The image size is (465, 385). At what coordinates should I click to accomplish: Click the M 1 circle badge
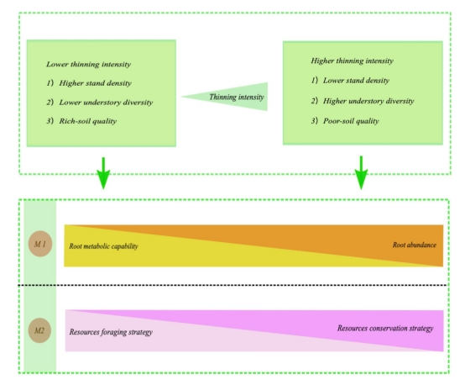click(40, 244)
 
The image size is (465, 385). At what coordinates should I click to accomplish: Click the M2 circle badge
click(39, 330)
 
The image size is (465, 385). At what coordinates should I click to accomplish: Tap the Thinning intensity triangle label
click(237, 98)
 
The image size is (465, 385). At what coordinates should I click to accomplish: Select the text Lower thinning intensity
click(88, 65)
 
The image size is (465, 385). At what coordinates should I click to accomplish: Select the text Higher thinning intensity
click(352, 61)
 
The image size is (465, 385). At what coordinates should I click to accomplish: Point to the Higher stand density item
click(95, 83)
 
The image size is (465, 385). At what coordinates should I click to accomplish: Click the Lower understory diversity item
click(106, 103)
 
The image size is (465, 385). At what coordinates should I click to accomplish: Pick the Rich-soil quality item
click(88, 121)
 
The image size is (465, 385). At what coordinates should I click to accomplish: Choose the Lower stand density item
click(356, 81)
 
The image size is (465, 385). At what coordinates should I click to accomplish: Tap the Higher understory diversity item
click(368, 101)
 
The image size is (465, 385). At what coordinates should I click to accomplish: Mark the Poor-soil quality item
click(351, 121)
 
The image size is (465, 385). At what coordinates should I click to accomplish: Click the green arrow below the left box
click(103, 173)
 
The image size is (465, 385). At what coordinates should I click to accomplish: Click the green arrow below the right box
click(361, 172)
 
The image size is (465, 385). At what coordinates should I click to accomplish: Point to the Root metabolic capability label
click(103, 246)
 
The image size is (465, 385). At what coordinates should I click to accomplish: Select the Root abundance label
click(415, 245)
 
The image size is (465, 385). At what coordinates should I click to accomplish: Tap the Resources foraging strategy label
click(111, 332)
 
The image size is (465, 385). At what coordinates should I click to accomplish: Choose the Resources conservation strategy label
click(385, 329)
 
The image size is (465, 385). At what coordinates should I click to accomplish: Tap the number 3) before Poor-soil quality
click(315, 120)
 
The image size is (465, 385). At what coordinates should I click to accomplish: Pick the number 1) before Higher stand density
click(50, 83)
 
